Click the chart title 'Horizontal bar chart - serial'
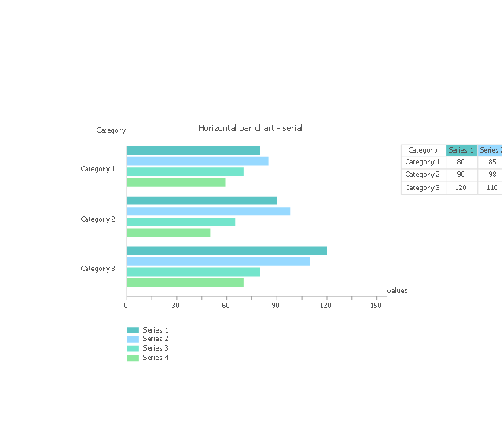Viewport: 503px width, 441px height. point(250,128)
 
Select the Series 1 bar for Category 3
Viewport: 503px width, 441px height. point(226,251)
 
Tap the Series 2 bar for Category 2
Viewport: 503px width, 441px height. point(208,211)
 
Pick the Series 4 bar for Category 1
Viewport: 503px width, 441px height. point(175,182)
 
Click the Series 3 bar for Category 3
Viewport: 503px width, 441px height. point(193,272)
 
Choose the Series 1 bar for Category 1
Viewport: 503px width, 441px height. point(193,150)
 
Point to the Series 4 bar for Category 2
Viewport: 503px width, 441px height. point(168,232)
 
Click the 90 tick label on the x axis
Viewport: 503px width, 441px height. point(276,305)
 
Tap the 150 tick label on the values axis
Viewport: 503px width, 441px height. point(376,305)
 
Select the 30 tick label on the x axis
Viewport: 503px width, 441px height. point(175,305)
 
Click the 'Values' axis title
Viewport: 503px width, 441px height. point(397,291)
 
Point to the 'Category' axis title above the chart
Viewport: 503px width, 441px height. point(111,130)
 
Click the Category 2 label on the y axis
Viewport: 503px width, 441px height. point(97,219)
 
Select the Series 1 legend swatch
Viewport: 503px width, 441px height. point(133,330)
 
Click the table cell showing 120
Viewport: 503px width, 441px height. point(461,188)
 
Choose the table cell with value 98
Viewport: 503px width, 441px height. point(492,175)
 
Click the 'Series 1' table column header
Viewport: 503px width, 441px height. point(461,150)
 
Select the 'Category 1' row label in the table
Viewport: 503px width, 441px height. point(423,162)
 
